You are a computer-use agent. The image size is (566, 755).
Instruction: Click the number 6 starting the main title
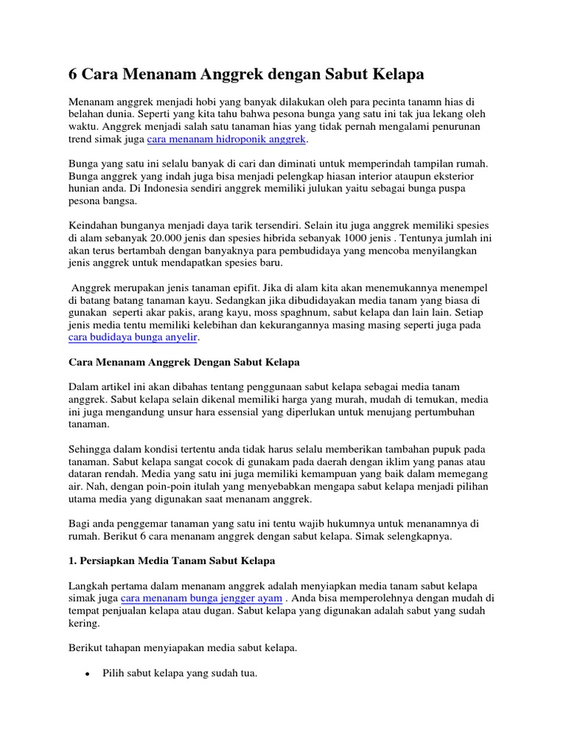pyautogui.click(x=74, y=74)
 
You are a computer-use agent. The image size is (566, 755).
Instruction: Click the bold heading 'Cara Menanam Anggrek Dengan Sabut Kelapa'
pyautogui.click(x=184, y=363)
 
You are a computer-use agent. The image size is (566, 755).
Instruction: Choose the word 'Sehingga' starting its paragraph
pyautogui.click(x=90, y=449)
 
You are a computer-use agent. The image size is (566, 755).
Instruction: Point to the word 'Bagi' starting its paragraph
pyautogui.click(x=79, y=524)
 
